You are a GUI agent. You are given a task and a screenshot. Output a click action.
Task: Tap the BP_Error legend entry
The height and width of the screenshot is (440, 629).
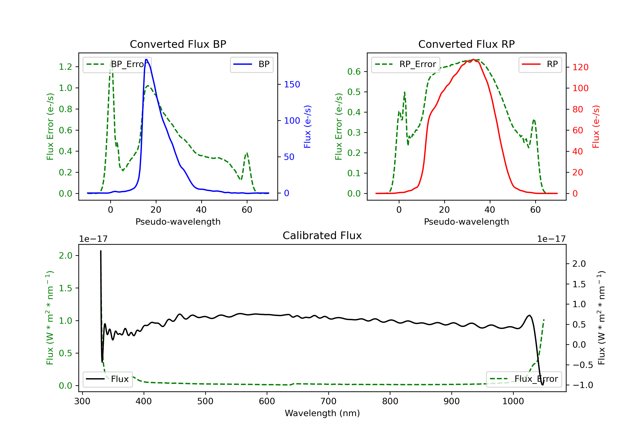(x=117, y=64)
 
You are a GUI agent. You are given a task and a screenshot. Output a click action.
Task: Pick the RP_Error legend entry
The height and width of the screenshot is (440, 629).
(x=405, y=64)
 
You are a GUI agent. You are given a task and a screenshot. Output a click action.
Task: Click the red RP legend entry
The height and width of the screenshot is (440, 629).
(x=540, y=64)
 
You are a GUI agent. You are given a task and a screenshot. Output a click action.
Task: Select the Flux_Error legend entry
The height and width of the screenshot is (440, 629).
(x=524, y=379)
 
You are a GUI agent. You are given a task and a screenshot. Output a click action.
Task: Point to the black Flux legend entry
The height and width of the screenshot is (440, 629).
(x=108, y=379)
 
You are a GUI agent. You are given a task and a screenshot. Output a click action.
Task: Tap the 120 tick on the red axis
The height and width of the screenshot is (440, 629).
(x=580, y=67)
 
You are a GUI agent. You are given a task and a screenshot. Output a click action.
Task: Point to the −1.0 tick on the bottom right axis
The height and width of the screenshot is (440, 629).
(x=582, y=385)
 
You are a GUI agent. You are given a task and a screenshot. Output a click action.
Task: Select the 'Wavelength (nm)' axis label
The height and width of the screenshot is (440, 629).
(x=322, y=413)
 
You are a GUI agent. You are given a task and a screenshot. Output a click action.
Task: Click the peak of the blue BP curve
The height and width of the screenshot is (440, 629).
(x=146, y=60)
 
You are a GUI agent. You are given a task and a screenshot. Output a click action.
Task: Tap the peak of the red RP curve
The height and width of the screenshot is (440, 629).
(x=473, y=60)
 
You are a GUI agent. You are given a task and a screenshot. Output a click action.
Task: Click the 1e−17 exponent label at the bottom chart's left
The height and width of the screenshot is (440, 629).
(x=93, y=239)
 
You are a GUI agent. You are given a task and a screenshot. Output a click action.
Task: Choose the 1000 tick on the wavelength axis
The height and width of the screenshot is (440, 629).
(x=513, y=401)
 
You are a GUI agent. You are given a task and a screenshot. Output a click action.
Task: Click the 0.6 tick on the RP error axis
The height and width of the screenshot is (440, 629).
(x=354, y=72)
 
